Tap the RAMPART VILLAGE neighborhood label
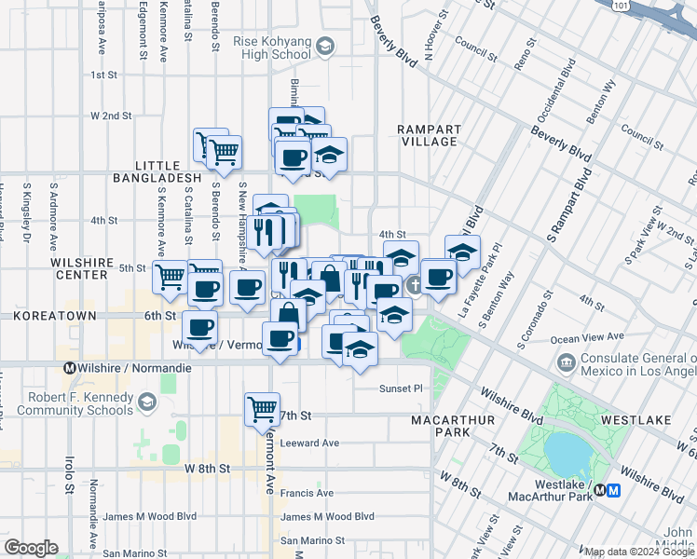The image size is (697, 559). click(427, 135)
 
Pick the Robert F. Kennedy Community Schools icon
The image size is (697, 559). click(146, 402)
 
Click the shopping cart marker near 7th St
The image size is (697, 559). click(262, 407)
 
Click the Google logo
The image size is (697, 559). click(31, 548)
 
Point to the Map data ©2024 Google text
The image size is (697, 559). click(639, 552)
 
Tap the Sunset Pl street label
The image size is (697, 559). click(401, 389)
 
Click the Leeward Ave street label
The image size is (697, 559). click(309, 443)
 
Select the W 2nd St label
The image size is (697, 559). click(110, 116)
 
